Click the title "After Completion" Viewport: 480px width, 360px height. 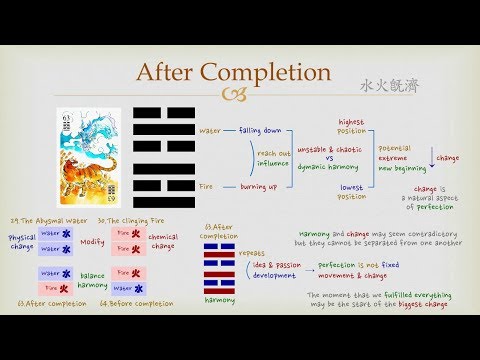[233, 73]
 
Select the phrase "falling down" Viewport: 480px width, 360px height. [260, 129]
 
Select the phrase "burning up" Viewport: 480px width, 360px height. [259, 186]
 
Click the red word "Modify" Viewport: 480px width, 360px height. [93, 241]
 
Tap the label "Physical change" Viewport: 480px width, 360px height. [20, 241]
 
